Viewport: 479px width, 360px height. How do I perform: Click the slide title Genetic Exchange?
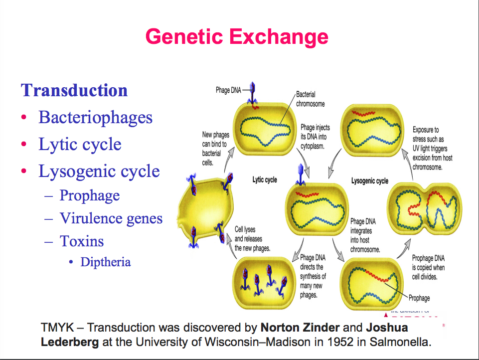tap(237, 37)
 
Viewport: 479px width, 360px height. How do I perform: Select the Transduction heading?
tap(74, 91)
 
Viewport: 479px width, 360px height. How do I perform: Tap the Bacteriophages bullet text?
tap(95, 118)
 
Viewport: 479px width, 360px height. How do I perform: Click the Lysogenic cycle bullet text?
tap(99, 172)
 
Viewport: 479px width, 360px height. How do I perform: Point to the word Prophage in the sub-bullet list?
tap(90, 195)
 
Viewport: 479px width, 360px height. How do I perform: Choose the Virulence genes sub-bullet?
tap(111, 218)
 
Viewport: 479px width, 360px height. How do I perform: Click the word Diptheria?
tap(106, 262)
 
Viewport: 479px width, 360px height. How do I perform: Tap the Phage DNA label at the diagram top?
tap(228, 90)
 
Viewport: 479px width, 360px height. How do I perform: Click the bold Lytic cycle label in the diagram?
tap(265, 180)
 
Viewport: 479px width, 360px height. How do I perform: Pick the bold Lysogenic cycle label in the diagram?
tap(369, 181)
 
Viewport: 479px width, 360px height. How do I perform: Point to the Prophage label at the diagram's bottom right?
tap(419, 298)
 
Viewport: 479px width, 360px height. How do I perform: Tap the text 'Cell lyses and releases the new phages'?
tap(252, 239)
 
